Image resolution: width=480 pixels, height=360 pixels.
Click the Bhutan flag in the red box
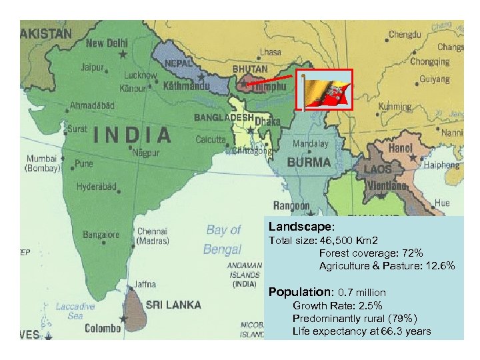(324, 90)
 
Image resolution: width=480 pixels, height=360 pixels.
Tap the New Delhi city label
(106, 43)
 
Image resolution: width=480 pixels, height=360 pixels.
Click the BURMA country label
(309, 162)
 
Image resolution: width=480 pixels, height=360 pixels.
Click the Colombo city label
(103, 328)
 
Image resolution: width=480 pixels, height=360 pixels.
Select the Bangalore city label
(101, 235)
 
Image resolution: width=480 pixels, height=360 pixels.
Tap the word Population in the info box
(299, 292)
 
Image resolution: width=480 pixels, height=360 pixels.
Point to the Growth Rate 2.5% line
(337, 306)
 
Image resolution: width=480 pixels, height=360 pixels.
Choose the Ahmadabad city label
(93, 105)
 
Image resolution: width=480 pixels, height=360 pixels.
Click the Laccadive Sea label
(75, 311)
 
